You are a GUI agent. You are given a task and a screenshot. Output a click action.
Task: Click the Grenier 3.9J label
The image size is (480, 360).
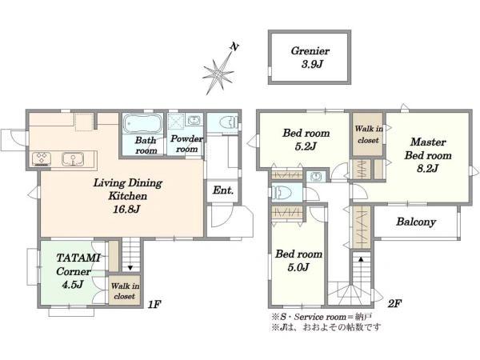coord(310,57)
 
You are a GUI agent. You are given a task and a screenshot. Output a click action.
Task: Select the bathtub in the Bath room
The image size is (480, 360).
coord(143,126)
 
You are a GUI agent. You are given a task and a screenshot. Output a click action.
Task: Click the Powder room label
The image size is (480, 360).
coord(186,143)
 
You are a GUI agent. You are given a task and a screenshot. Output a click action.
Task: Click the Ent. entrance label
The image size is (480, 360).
coord(222,191)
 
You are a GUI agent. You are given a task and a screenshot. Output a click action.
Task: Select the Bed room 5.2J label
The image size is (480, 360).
coord(299,140)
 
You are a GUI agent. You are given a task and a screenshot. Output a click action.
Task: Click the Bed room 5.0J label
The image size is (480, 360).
coord(298,260)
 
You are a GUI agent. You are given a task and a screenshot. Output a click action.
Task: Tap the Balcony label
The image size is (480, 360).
coord(415,222)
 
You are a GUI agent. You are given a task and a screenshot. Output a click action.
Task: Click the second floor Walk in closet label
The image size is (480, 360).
coord(367,134)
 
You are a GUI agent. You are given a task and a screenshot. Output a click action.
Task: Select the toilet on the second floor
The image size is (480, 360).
coord(281,192)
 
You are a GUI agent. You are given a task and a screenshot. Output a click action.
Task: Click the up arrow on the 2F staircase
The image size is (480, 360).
coord(361,260)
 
